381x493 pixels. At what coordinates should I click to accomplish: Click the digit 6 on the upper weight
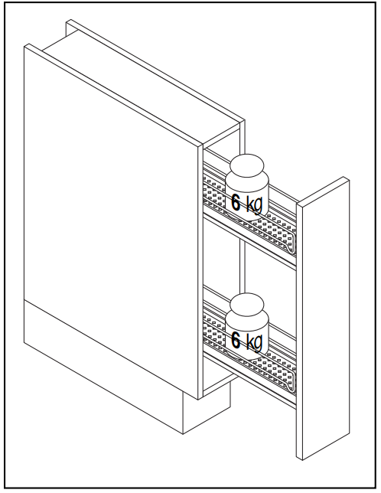pyautogui.click(x=236, y=202)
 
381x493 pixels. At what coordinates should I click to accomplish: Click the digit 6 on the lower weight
pyautogui.click(x=236, y=340)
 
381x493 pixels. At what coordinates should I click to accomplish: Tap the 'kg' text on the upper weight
pyautogui.click(x=254, y=204)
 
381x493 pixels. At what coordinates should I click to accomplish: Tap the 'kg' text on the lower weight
pyautogui.click(x=254, y=342)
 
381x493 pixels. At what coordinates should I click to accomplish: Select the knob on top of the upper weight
pyautogui.click(x=247, y=165)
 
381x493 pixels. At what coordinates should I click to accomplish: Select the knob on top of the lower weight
pyautogui.click(x=247, y=305)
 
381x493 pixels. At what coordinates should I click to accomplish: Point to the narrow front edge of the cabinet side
pyautogui.click(x=200, y=272)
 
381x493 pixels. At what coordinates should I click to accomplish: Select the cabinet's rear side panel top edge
pyautogui.click(x=155, y=70)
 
